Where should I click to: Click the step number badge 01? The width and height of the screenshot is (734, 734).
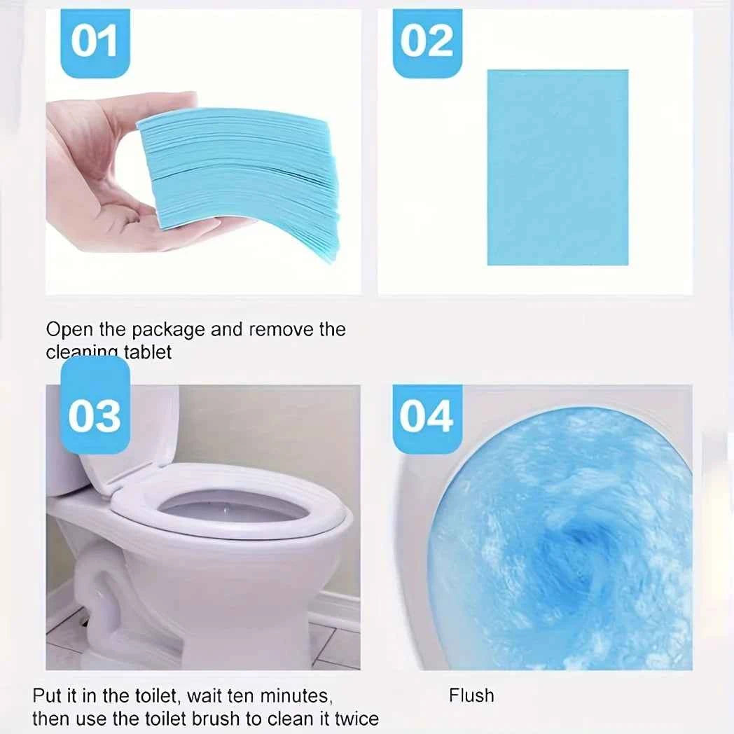(95, 42)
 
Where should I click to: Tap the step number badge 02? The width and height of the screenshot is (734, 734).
(427, 42)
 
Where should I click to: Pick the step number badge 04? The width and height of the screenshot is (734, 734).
(427, 418)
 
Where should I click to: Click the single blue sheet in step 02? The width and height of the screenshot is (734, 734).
(558, 167)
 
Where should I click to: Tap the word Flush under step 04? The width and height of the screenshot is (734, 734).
(471, 695)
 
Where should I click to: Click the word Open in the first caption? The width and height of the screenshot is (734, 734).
(67, 330)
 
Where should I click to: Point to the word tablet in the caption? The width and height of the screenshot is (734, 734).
(147, 352)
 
